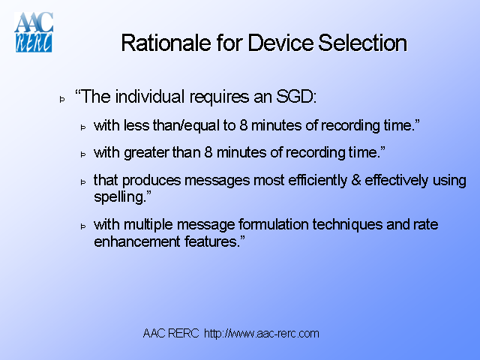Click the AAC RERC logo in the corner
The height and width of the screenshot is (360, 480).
click(x=34, y=31)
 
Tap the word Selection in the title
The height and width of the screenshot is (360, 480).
click(x=362, y=43)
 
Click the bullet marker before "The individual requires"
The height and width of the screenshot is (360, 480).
click(x=63, y=98)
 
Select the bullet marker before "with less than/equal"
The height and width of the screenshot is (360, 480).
click(x=84, y=127)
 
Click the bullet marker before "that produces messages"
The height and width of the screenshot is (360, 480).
click(x=84, y=182)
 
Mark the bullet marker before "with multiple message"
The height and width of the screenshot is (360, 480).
click(x=84, y=226)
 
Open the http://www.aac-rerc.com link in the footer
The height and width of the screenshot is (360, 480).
click(x=262, y=333)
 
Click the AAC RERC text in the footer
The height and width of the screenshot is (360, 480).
click(x=171, y=333)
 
